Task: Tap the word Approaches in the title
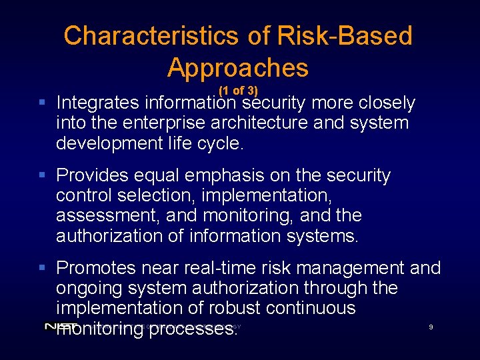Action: pyautogui.click(x=238, y=68)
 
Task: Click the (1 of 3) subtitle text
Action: pyautogui.click(x=238, y=91)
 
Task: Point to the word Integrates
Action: pyautogui.click(x=98, y=103)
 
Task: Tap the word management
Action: pyautogui.click(x=347, y=268)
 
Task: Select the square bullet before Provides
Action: pyautogui.click(x=42, y=175)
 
